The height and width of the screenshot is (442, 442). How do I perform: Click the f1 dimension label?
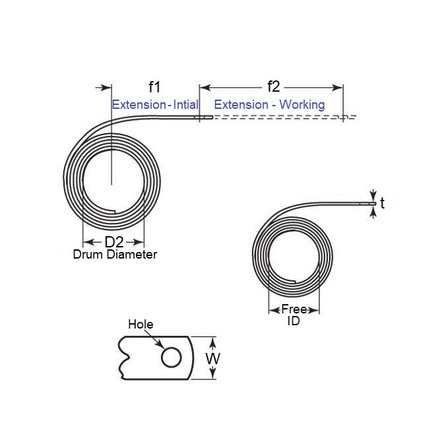coord(155,86)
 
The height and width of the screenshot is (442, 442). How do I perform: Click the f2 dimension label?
coord(273,86)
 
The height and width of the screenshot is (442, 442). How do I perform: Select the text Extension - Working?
coord(269,104)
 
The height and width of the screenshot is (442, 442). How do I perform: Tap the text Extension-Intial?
coord(155,104)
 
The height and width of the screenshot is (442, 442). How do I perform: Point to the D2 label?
coord(114,242)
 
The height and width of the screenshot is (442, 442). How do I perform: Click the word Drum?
coord(88,254)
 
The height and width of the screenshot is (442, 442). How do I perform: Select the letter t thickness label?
coord(383,204)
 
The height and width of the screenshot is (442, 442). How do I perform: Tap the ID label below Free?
coord(293,321)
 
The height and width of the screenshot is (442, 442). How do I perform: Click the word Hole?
coord(141,324)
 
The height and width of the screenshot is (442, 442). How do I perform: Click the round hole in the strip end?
coord(172,358)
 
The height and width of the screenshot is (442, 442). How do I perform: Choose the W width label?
coord(212,359)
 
